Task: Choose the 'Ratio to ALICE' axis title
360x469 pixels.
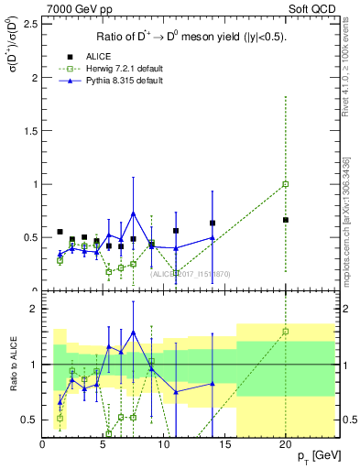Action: click(x=12, y=365)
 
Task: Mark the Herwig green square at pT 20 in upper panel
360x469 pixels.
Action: click(x=286, y=184)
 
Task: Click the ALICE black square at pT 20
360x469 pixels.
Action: click(x=286, y=220)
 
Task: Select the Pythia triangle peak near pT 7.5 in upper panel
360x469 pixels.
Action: click(x=133, y=213)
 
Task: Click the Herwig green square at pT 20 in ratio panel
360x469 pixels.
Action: click(x=286, y=332)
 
